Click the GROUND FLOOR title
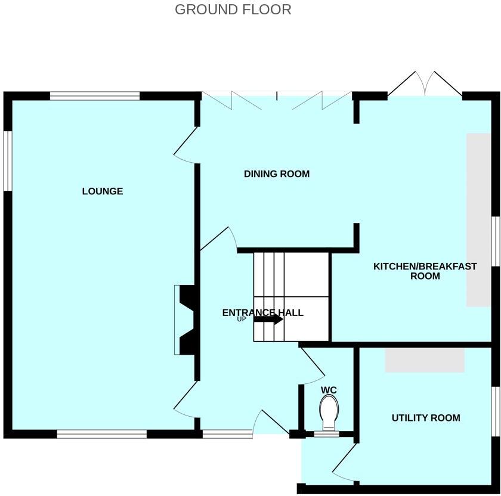233,10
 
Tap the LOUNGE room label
103,191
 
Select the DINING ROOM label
277,174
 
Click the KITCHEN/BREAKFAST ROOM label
425,271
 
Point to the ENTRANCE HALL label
262,312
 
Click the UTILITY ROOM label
426,418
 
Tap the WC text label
329,390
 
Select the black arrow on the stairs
268,319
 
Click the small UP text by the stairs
242,320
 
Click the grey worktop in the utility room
424,360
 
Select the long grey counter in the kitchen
478,219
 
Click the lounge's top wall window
95,95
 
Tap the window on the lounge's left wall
8,160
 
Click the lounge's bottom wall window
101,434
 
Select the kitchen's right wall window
496,241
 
